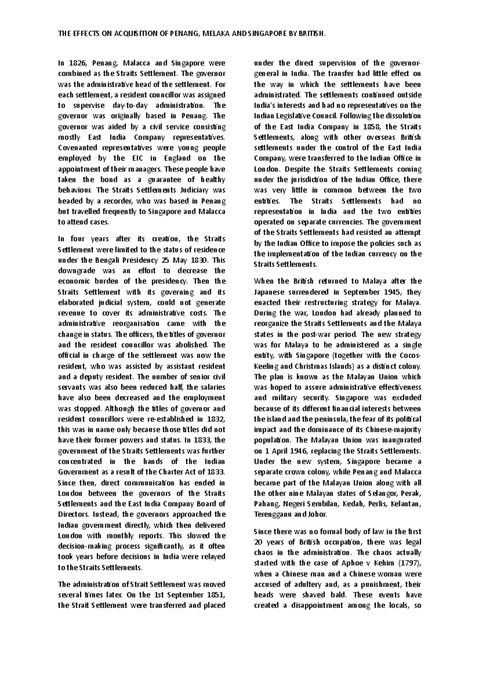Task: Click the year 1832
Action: coord(216,419)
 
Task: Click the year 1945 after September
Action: coord(391,292)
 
